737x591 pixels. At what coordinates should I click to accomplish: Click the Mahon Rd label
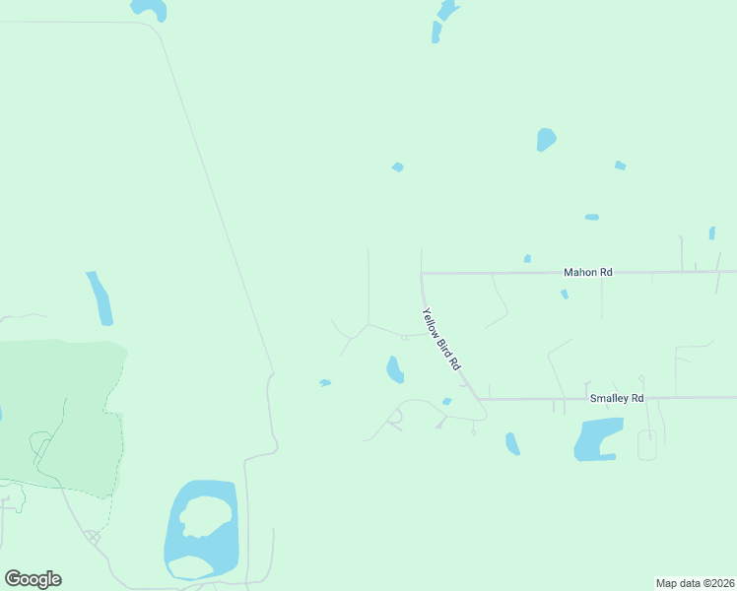click(x=587, y=272)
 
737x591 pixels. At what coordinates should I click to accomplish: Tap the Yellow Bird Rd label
click(x=441, y=339)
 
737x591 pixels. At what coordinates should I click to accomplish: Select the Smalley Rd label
click(x=616, y=398)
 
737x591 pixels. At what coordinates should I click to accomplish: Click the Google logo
click(x=33, y=579)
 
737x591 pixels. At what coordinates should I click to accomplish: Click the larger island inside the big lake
click(x=206, y=515)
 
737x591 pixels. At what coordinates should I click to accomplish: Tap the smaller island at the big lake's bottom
click(x=190, y=566)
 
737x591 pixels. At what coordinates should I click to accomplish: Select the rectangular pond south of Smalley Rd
click(x=598, y=439)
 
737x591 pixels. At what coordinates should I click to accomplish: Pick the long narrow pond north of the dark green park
click(x=100, y=297)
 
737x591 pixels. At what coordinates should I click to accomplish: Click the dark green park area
click(x=59, y=414)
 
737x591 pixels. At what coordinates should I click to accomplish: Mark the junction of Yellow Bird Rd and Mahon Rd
click(x=422, y=272)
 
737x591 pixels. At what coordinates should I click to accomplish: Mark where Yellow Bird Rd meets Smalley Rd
click(x=481, y=399)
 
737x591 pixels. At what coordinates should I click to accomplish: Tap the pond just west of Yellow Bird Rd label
click(x=394, y=369)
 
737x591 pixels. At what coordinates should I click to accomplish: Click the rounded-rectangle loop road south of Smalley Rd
click(x=647, y=445)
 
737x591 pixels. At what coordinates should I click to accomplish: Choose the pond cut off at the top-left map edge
click(x=150, y=9)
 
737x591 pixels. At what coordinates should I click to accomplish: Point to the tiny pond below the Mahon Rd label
click(x=565, y=294)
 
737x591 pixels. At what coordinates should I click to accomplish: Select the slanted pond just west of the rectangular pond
click(x=512, y=443)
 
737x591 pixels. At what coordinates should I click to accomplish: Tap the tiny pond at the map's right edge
click(x=711, y=233)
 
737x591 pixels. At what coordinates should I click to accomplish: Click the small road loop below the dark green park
click(x=92, y=537)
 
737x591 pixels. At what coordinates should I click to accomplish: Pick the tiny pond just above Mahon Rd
click(x=527, y=259)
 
